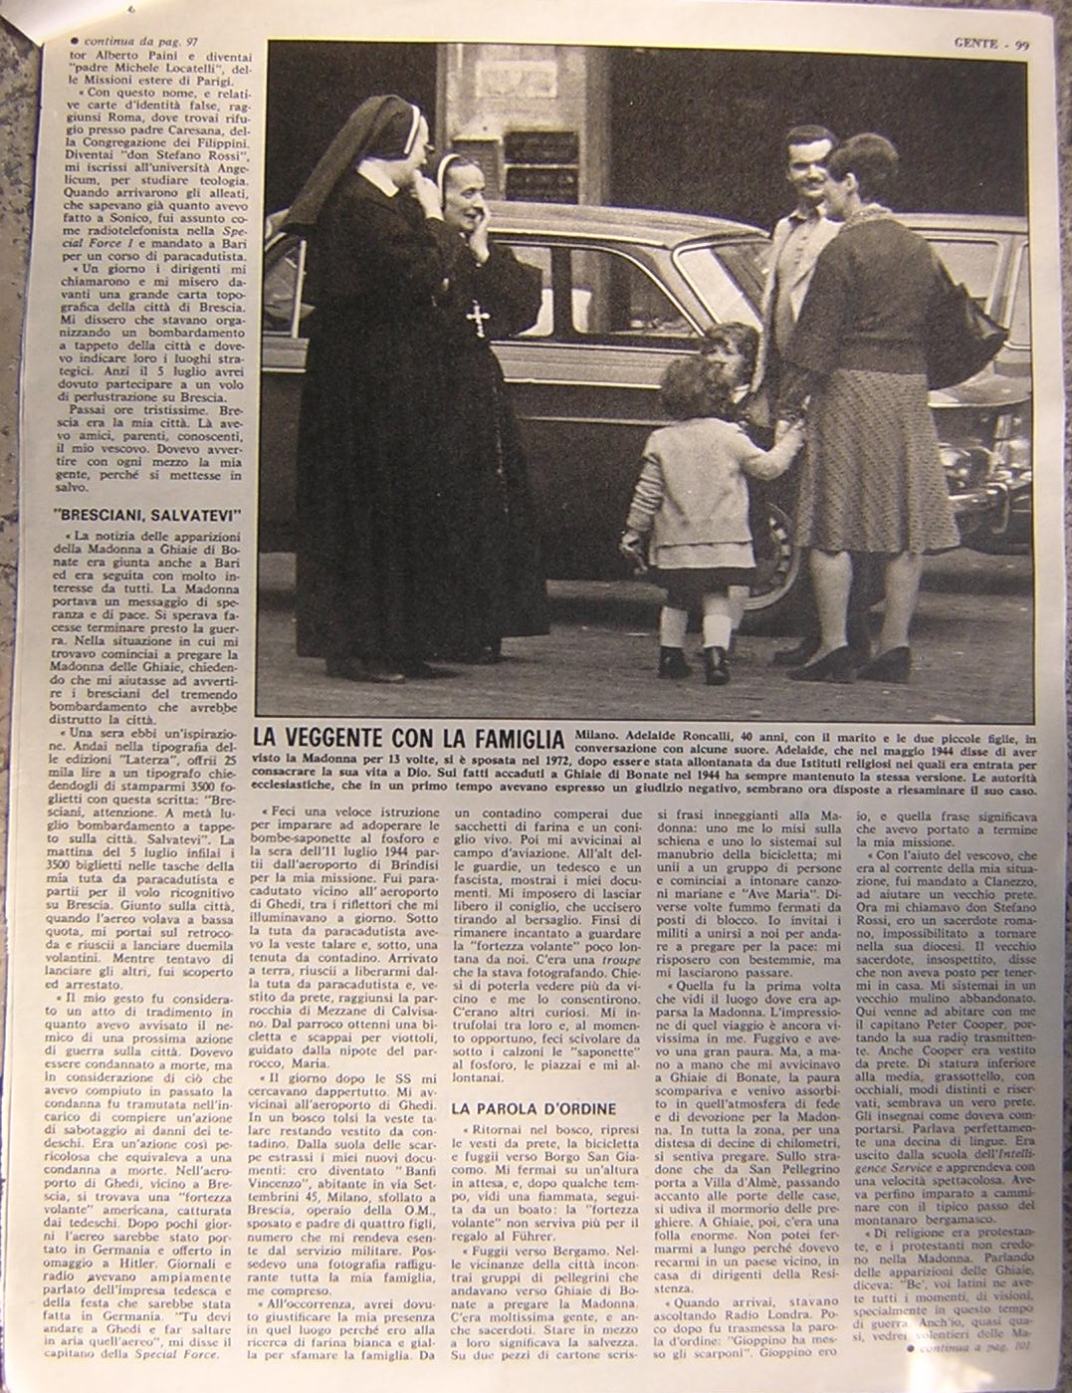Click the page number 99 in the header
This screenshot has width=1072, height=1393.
point(1022,43)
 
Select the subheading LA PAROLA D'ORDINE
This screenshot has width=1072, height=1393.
point(534,1108)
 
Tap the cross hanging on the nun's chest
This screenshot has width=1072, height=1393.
point(478,319)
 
